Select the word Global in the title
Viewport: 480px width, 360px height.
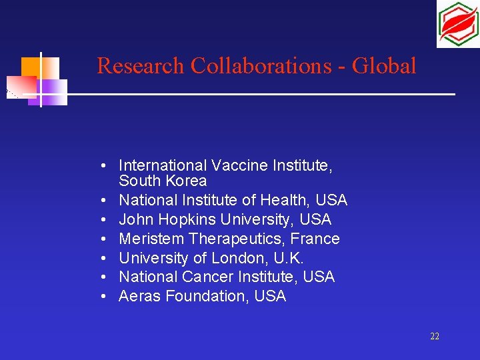pos(384,66)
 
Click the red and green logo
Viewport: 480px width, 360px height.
pos(457,24)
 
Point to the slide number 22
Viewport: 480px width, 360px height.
pos(435,337)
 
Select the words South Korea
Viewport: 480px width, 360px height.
pos(163,181)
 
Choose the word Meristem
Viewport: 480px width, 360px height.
pos(151,239)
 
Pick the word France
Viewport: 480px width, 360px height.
pos(318,239)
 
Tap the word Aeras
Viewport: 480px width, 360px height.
pos(139,296)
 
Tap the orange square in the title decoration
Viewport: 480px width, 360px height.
pos(29,67)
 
